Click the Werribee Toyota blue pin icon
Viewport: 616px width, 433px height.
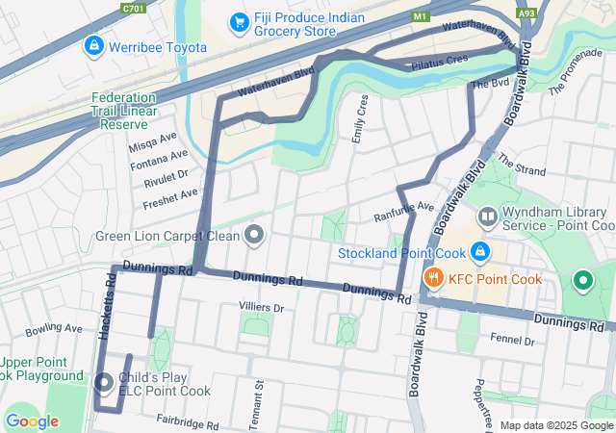click(93, 45)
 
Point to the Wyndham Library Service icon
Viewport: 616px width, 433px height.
click(489, 217)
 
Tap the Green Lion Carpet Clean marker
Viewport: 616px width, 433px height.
click(254, 234)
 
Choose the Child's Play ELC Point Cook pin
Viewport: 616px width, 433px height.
click(105, 383)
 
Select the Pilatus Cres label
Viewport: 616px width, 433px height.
click(438, 60)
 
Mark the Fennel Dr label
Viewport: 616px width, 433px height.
click(511, 341)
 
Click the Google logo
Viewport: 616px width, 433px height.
click(32, 420)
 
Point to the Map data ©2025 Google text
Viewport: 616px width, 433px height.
click(555, 425)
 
